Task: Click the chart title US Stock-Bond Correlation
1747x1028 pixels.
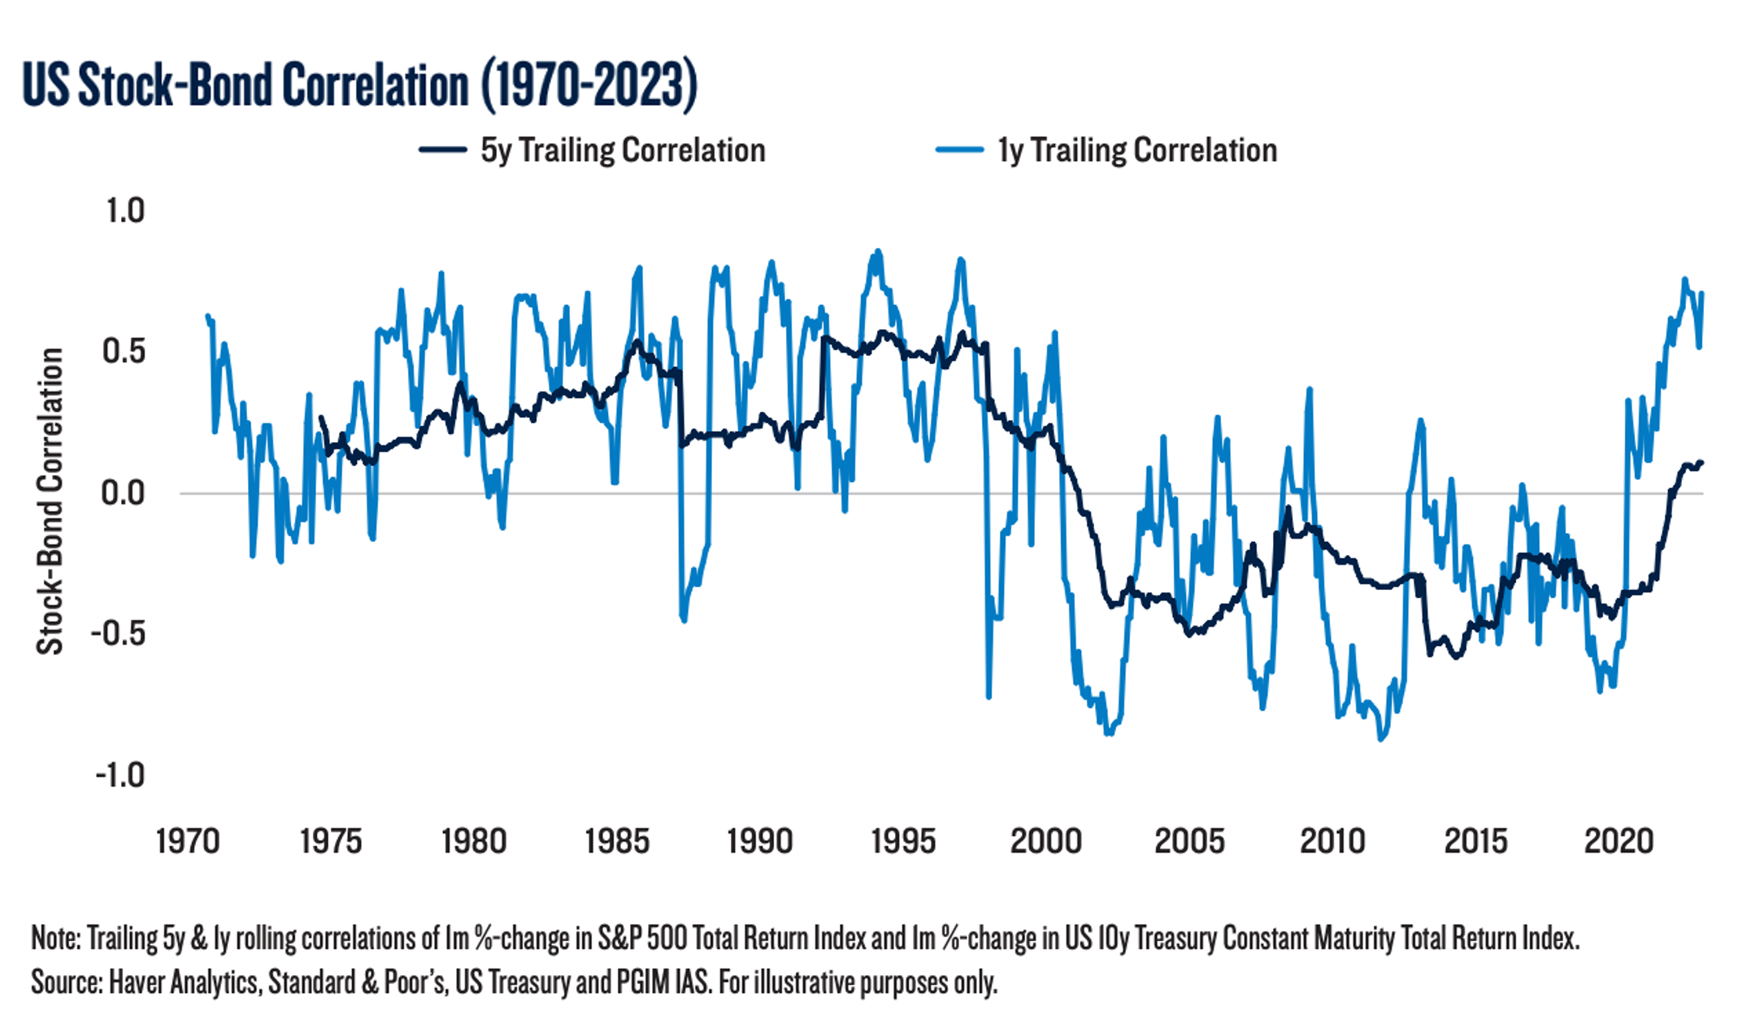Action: [359, 85]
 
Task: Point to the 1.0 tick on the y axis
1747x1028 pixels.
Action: [125, 211]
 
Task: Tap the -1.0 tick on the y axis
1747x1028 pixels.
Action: [120, 775]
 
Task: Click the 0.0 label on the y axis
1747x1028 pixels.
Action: [124, 493]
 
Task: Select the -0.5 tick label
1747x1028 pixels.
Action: [118, 634]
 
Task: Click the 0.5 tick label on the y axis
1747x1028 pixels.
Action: [124, 352]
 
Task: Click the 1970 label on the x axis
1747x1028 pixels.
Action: [188, 841]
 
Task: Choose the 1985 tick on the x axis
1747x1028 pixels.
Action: [617, 841]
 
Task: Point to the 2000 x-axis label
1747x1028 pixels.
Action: [1046, 841]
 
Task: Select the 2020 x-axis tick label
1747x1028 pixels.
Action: [1619, 841]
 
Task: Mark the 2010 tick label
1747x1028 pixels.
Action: [1332, 841]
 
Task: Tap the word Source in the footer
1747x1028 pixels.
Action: [65, 982]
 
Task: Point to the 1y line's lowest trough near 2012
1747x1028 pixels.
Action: [1380, 739]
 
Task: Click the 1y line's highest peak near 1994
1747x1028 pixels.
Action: [877, 251]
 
